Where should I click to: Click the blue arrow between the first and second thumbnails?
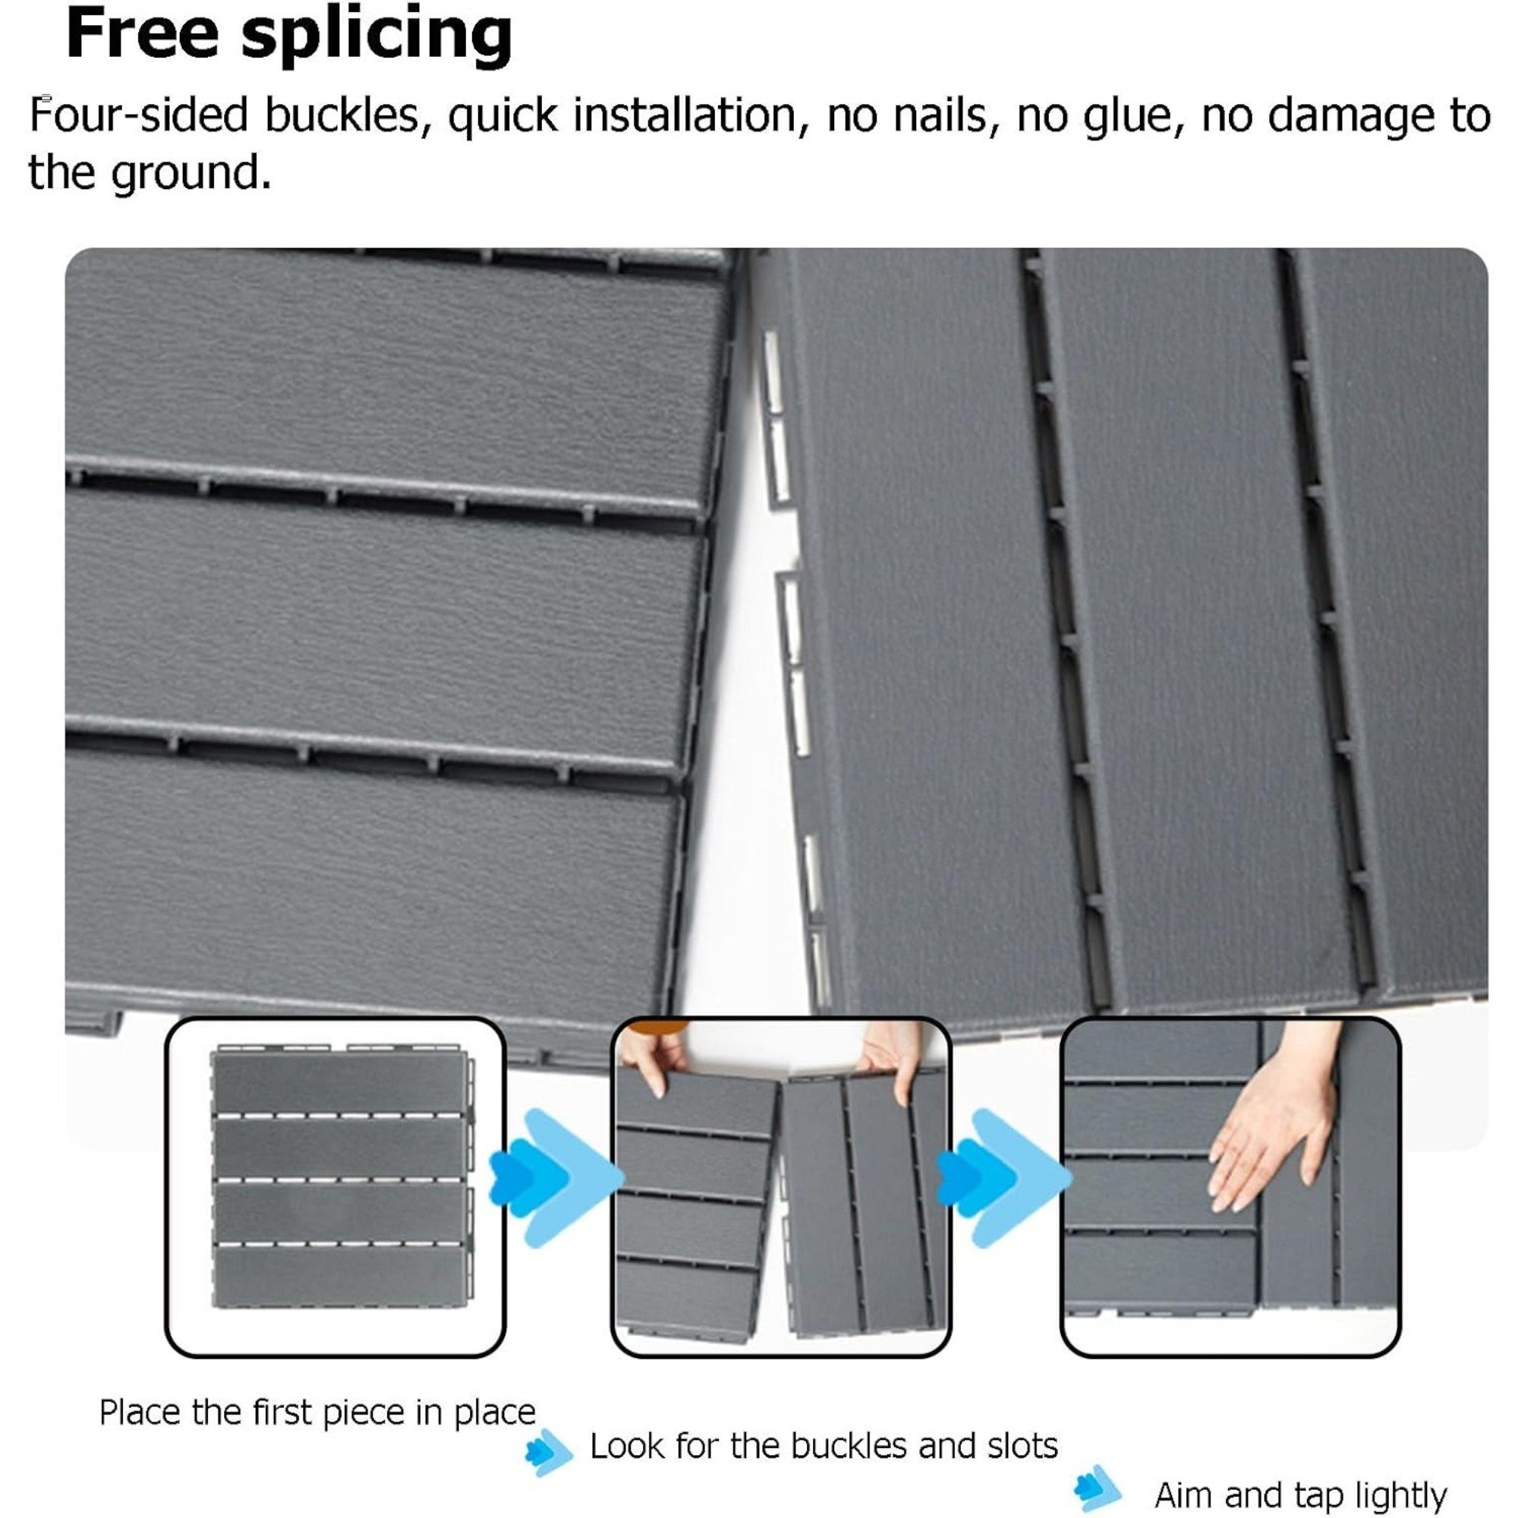(x=555, y=1178)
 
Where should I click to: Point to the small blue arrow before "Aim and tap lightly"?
(x=1098, y=1488)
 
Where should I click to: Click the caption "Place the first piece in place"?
(x=317, y=1412)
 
